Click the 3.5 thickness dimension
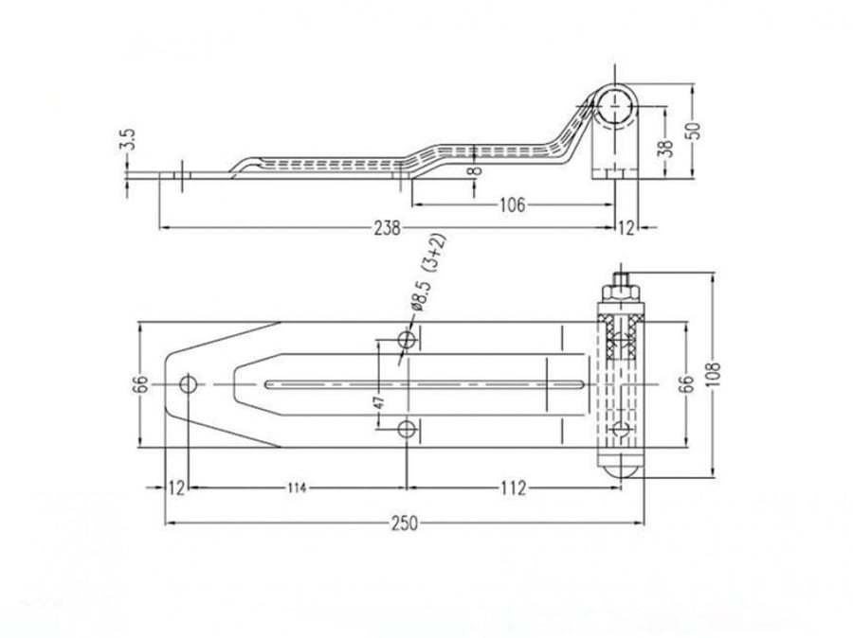[x=127, y=139]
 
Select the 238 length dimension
[x=387, y=228]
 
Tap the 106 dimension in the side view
[x=513, y=204]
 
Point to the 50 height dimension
[x=695, y=131]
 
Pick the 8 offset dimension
[x=475, y=170]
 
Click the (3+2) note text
[x=435, y=252]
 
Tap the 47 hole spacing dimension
[x=380, y=401]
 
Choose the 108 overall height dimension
[x=715, y=374]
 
